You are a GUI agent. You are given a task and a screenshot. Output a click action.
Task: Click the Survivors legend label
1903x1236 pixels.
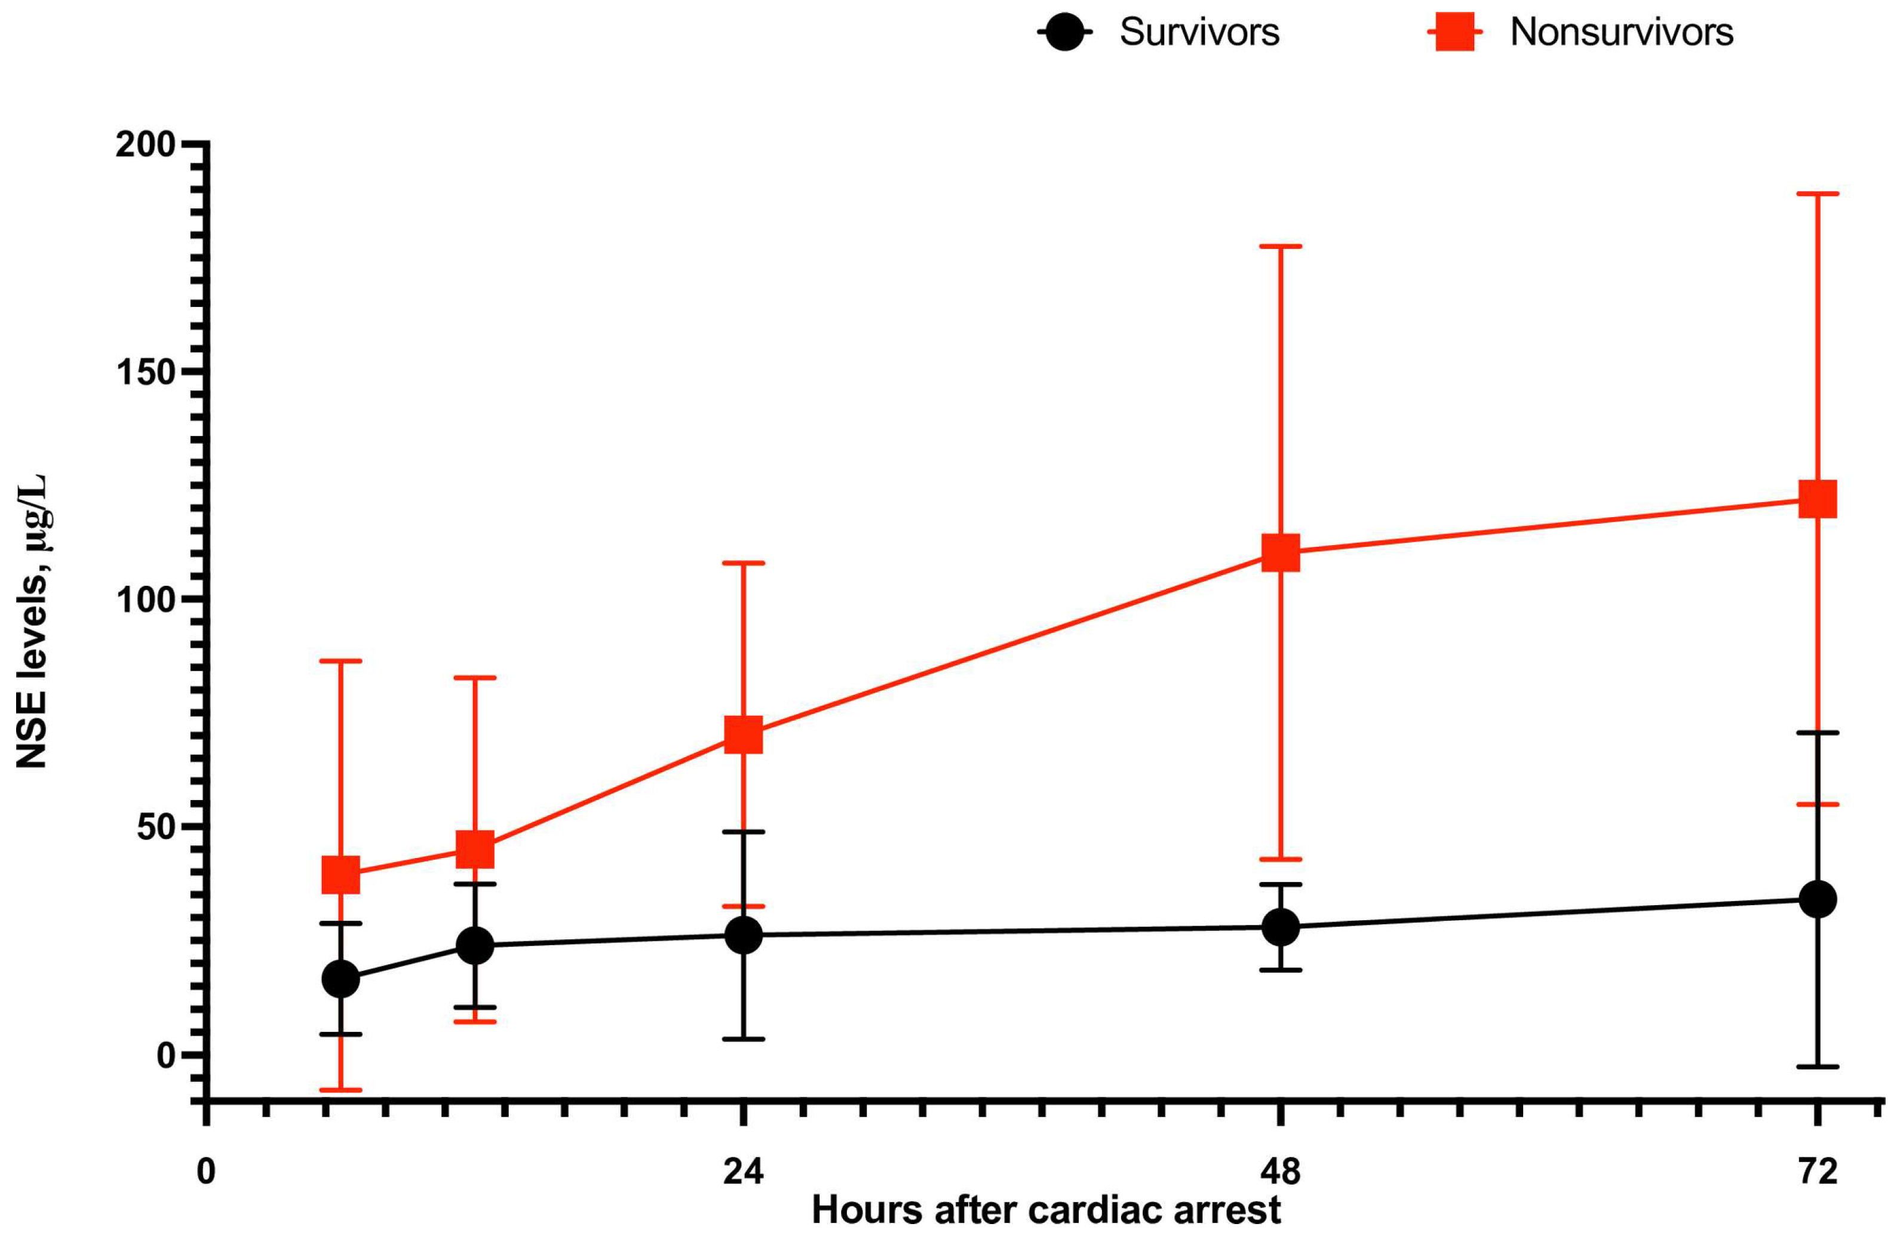[x=1199, y=33]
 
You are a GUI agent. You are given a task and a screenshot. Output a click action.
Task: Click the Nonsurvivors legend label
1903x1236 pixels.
[x=1620, y=33]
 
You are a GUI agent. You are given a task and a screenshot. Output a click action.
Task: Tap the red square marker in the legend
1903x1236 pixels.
[x=1454, y=33]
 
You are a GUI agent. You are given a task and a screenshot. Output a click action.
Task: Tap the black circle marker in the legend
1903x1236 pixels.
[x=1064, y=33]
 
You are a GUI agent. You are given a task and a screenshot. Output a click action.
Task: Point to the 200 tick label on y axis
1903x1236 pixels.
[x=146, y=144]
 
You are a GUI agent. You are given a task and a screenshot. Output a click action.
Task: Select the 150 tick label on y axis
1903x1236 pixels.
[x=146, y=373]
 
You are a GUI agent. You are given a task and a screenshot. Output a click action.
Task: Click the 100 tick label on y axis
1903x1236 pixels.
[x=146, y=601]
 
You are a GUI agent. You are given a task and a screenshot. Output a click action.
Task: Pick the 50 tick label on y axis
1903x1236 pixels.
[x=156, y=828]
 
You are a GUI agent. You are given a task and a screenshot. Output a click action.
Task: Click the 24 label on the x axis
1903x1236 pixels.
[x=743, y=1172]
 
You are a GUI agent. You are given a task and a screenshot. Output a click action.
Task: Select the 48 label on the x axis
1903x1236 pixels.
[x=1280, y=1172]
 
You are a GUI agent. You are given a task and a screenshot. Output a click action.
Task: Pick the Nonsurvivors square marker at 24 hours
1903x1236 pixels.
[x=743, y=734]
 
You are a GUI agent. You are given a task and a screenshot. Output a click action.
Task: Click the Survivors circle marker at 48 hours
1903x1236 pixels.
[x=1280, y=927]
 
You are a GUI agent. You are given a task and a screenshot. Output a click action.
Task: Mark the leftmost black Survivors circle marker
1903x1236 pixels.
[x=340, y=979]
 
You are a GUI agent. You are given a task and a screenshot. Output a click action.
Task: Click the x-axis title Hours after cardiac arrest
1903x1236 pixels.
[x=1046, y=1210]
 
